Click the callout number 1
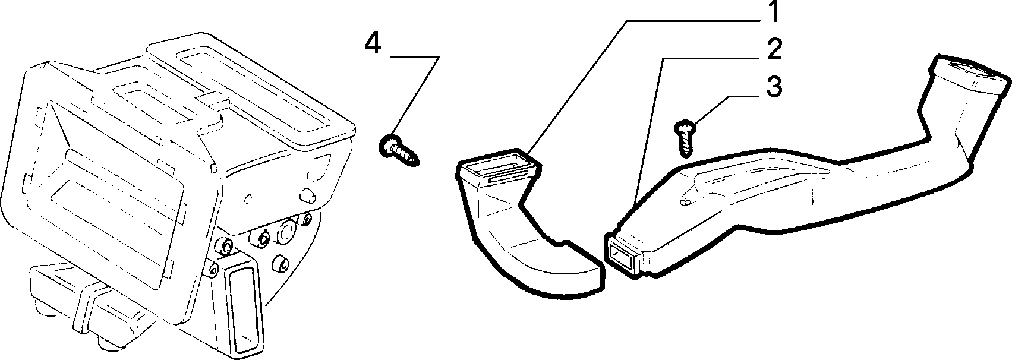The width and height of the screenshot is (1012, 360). click(x=774, y=12)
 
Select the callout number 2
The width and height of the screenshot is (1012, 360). click(x=774, y=50)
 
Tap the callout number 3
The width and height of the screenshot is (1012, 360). click(x=774, y=87)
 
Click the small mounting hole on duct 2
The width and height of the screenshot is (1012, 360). click(x=686, y=203)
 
